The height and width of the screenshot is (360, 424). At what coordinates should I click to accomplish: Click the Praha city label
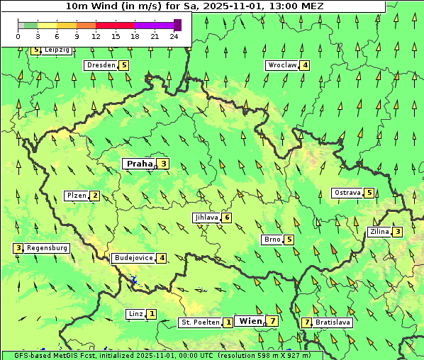pos(140,164)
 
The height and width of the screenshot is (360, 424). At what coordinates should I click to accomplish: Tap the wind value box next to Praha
pos(164,164)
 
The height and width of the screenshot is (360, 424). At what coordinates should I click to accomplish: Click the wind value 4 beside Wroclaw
pos(305,65)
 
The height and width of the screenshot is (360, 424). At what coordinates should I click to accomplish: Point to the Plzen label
pos(76,196)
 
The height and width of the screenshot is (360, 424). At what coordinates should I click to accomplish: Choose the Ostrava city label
pos(347,193)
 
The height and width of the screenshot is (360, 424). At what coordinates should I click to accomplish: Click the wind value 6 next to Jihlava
pos(227,218)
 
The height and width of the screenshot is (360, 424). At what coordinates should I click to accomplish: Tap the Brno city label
pos(272,240)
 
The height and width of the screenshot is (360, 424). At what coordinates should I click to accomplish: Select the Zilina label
pos(380,232)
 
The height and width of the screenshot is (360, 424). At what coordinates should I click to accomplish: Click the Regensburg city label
pos(47,248)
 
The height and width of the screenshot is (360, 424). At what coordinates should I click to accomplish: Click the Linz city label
pos(135,314)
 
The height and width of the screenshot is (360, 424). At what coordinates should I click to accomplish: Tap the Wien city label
pos(250,321)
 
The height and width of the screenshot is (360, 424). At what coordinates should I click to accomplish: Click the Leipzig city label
pos(57,50)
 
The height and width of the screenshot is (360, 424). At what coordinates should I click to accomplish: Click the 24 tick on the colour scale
pos(174,36)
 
